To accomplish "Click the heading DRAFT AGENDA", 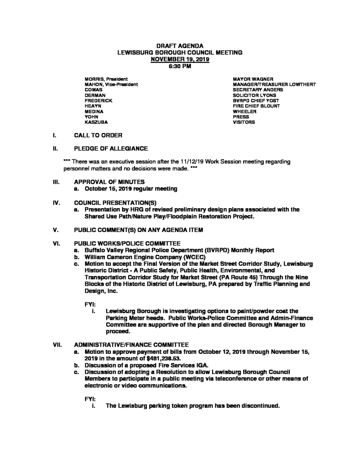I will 180,46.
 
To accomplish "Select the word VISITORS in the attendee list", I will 244,122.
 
